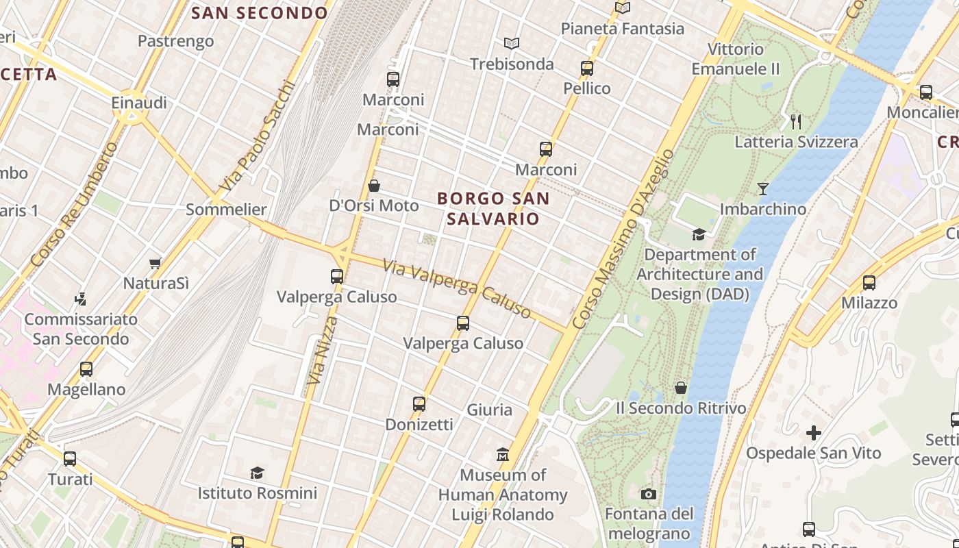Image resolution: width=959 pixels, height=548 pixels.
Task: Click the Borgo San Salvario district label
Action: (493, 208)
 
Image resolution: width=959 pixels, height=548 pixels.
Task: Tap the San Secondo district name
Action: (260, 13)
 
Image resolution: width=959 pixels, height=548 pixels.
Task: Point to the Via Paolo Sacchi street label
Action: (258, 138)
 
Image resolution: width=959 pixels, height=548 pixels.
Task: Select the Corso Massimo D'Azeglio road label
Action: (623, 240)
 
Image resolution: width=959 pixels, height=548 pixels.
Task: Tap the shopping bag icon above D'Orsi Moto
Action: (374, 186)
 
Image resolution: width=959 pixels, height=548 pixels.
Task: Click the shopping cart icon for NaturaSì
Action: (155, 263)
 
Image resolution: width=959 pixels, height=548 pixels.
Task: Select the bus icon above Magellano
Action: (86, 369)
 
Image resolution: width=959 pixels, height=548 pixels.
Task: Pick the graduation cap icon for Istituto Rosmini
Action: (257, 473)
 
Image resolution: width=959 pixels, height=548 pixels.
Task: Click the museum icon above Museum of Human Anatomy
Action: (503, 454)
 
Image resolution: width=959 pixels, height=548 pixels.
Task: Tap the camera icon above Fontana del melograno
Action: (648, 494)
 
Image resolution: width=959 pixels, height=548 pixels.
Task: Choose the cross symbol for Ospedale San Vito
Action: (814, 433)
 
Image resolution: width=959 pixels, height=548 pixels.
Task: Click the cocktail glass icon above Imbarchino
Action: (763, 188)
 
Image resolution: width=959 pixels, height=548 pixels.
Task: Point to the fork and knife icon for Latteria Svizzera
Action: (796, 122)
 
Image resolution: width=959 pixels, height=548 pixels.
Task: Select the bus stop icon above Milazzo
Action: (869, 282)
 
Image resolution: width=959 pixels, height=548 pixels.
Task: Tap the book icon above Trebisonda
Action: (512, 44)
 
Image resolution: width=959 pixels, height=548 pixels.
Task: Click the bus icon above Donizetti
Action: (419, 404)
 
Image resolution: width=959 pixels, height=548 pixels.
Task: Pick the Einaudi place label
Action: (139, 103)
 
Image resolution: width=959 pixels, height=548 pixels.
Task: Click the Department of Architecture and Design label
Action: (699, 274)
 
